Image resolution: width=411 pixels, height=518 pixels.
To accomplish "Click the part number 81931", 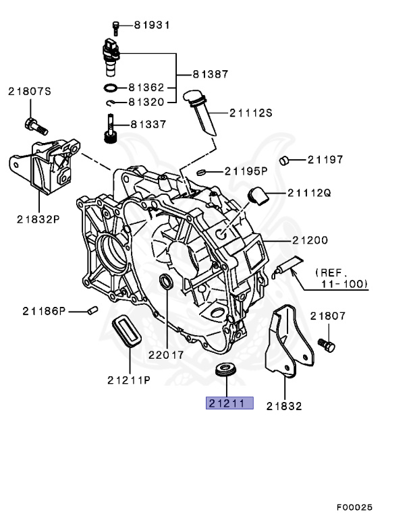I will click(152, 25).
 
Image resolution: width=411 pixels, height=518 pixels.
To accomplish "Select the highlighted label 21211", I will click(229, 404).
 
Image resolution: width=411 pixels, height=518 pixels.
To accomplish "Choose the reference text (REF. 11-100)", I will click(341, 279).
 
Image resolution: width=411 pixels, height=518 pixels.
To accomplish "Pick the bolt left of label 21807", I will click(328, 345).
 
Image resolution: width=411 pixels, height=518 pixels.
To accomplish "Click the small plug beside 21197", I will click(285, 160).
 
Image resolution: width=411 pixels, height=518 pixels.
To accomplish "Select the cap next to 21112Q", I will click(257, 196).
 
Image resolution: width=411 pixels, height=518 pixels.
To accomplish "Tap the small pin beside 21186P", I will click(94, 310).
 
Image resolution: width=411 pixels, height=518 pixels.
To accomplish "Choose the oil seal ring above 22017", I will click(166, 281).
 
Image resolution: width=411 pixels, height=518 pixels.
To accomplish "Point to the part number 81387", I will click(211, 74).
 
